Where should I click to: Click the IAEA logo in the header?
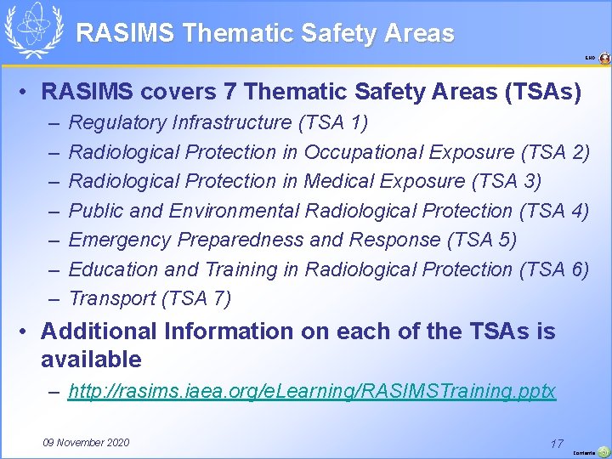(33, 30)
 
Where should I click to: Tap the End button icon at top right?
(604, 59)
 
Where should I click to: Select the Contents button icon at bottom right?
(603, 451)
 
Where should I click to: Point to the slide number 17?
(557, 443)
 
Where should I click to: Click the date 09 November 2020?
(86, 442)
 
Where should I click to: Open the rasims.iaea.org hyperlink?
(312, 391)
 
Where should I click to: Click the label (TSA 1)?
(333, 123)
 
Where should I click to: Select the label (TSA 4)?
(553, 211)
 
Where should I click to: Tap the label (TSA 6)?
(553, 269)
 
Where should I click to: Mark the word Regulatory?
(116, 123)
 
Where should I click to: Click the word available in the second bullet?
(91, 359)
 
